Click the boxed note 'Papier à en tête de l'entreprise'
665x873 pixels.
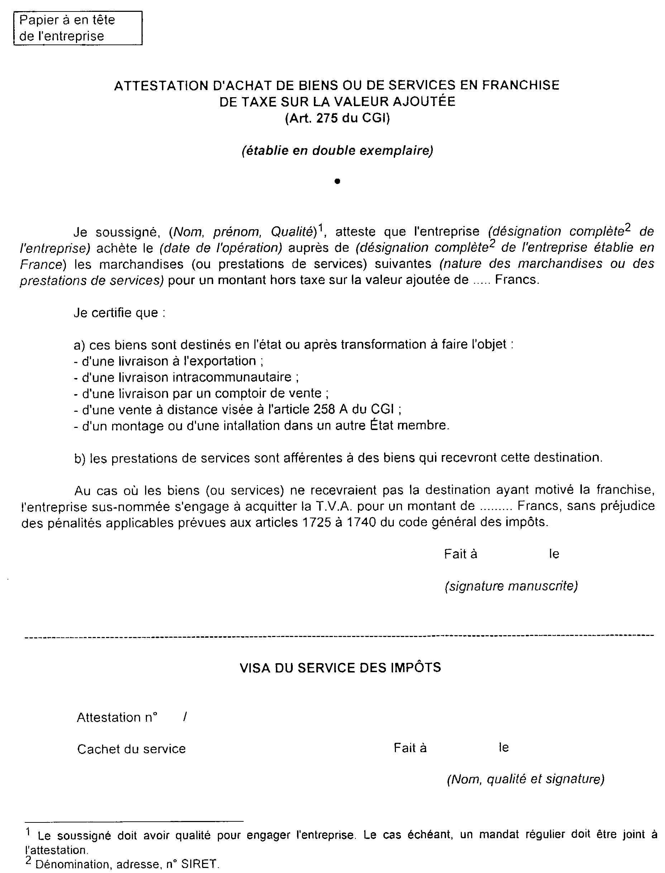pos(78,28)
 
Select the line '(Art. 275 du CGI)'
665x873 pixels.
pos(337,118)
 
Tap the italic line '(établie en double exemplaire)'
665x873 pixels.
pos(337,151)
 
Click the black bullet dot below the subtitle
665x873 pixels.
pos(337,181)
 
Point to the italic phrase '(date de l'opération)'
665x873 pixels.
pos(220,248)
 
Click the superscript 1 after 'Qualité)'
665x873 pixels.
pos(321,227)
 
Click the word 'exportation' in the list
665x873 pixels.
pos(220,361)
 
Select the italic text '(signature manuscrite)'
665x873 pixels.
pos(511,586)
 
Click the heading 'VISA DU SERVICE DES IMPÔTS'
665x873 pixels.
pos(340,667)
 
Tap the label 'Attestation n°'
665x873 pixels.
pos(117,717)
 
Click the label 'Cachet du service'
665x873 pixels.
pos(131,749)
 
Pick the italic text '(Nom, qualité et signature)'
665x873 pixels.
pos(525,779)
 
